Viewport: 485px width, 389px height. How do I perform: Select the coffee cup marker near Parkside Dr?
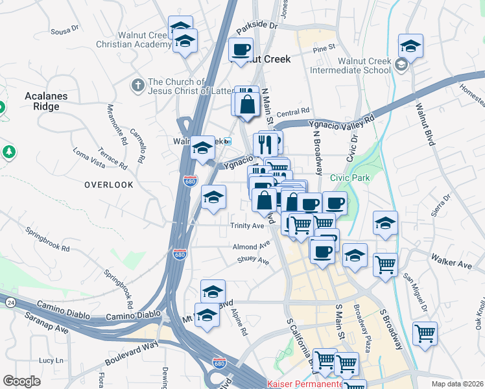[x=241, y=50]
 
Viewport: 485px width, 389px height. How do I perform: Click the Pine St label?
[x=324, y=47]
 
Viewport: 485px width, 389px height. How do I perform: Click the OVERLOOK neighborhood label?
[x=109, y=185]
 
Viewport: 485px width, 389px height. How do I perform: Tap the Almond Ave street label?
[x=251, y=246]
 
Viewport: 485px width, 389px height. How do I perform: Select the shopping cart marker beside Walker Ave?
[x=386, y=265]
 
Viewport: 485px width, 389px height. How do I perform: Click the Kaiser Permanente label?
[x=305, y=384]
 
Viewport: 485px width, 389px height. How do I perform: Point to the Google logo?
[x=21, y=381]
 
